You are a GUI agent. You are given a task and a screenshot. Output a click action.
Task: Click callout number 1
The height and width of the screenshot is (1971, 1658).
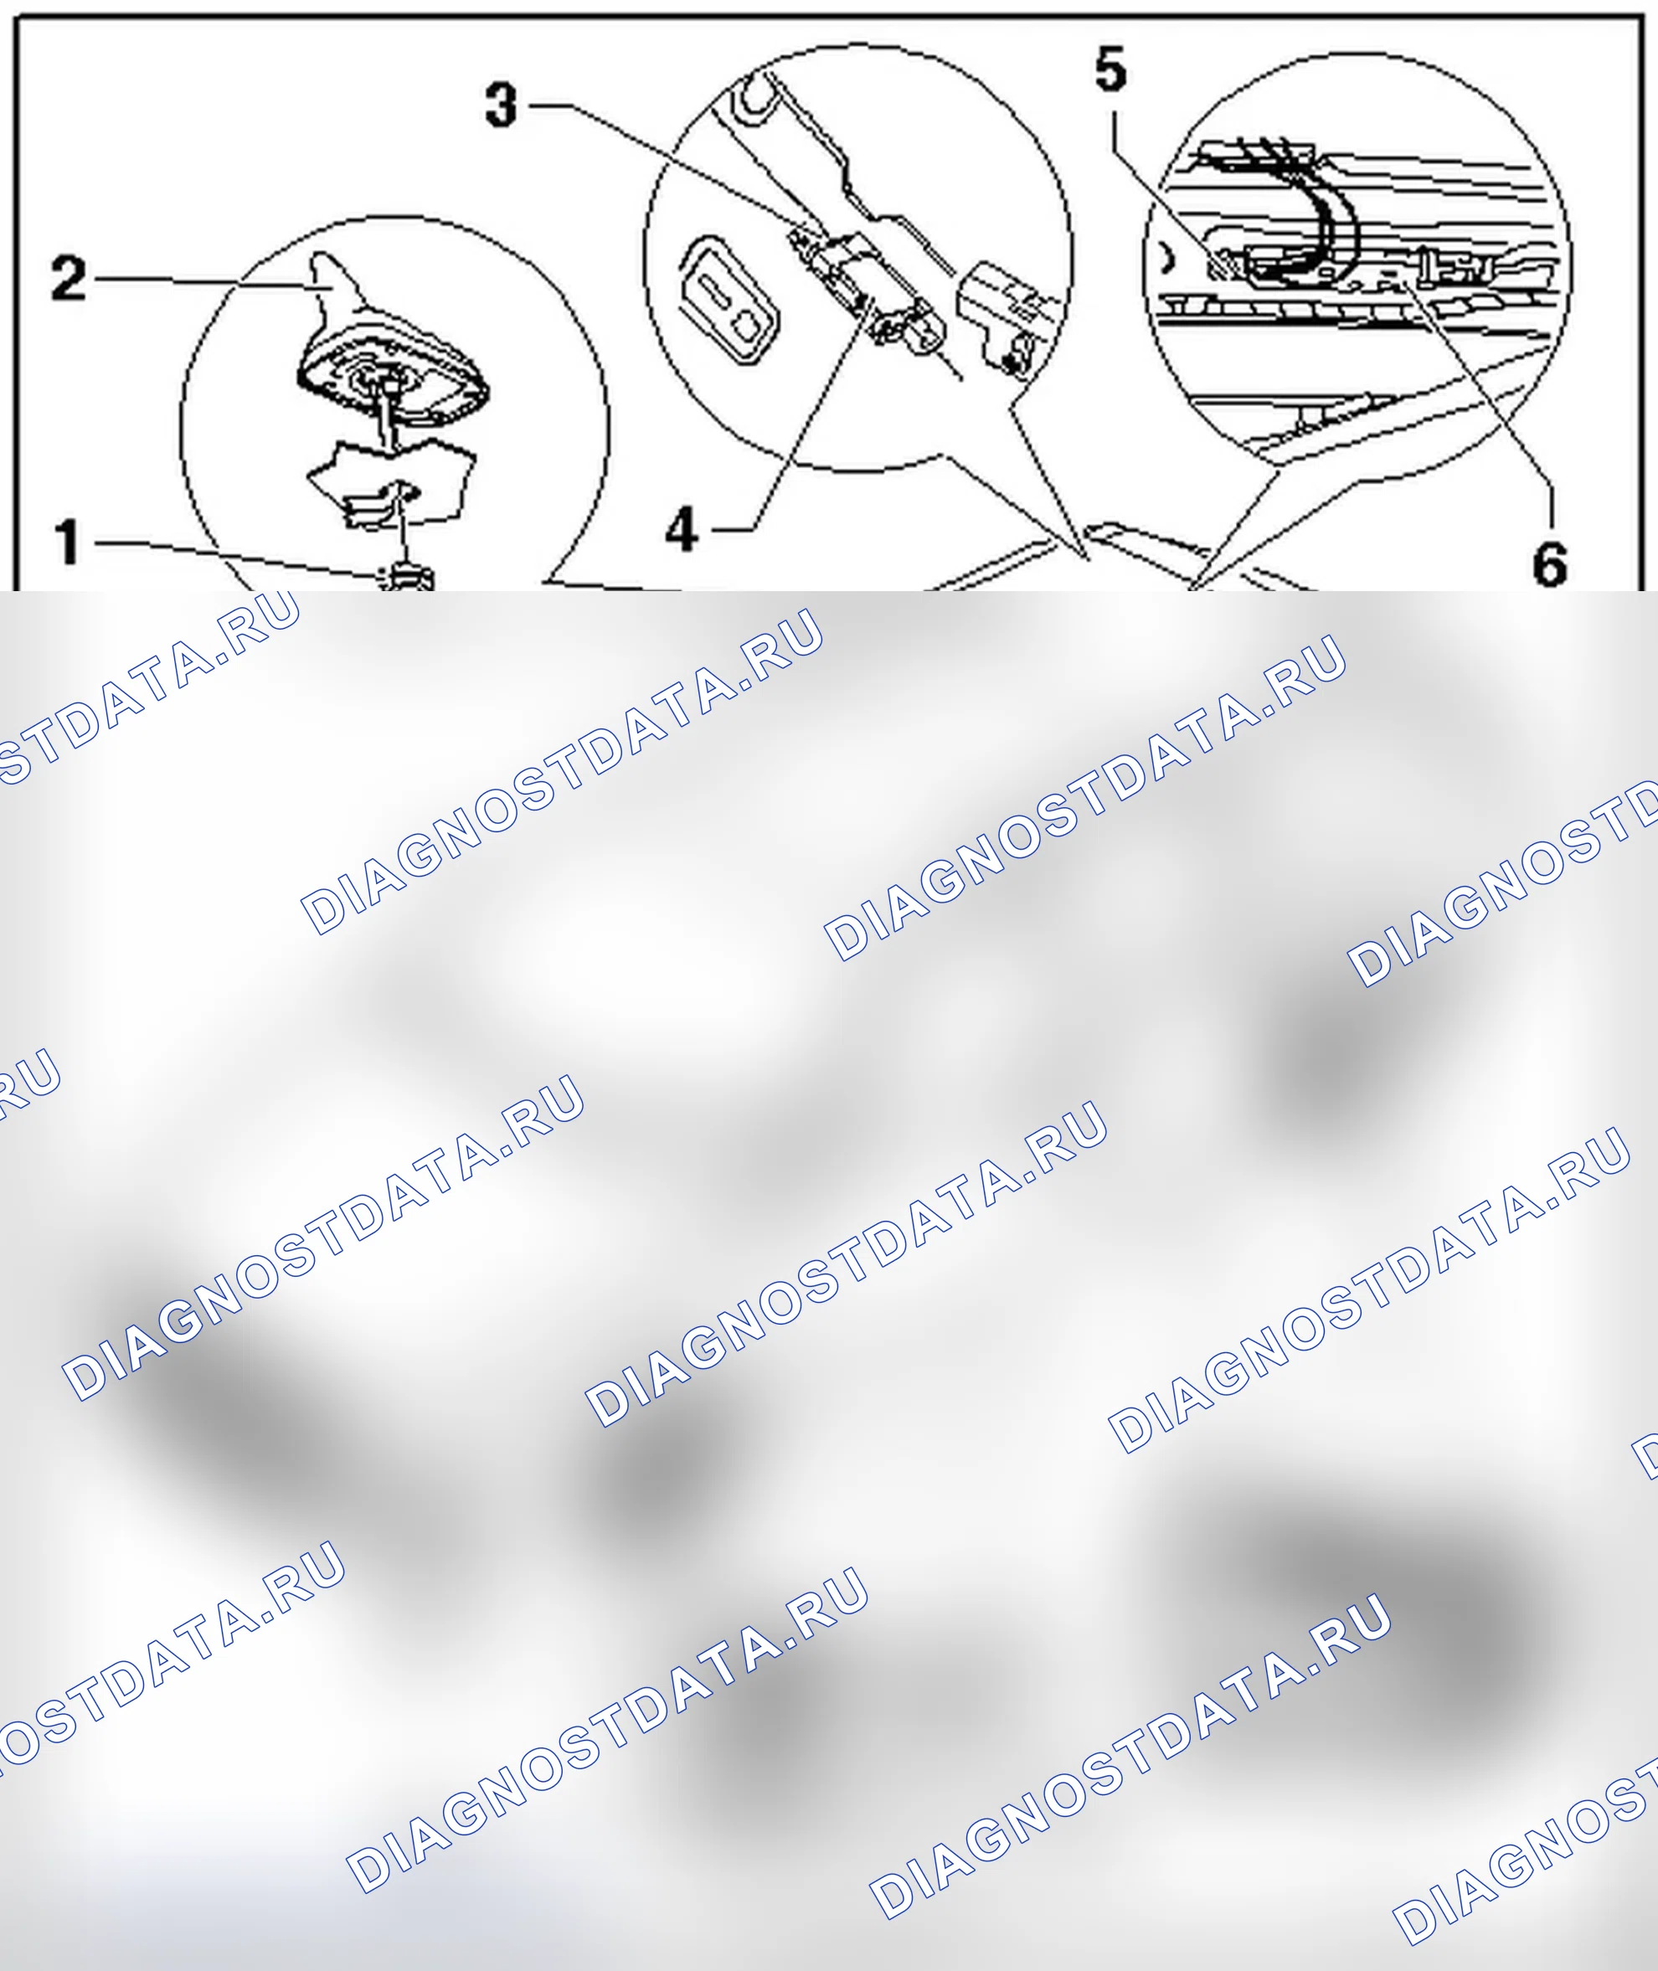click(67, 543)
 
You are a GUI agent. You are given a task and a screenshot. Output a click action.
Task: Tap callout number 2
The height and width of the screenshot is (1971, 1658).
click(69, 279)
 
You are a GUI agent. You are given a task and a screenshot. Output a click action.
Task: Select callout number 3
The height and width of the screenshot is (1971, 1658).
click(501, 105)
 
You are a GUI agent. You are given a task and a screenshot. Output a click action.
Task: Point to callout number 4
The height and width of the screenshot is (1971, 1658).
click(682, 529)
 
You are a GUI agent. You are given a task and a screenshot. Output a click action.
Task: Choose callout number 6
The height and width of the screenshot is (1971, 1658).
click(1550, 564)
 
